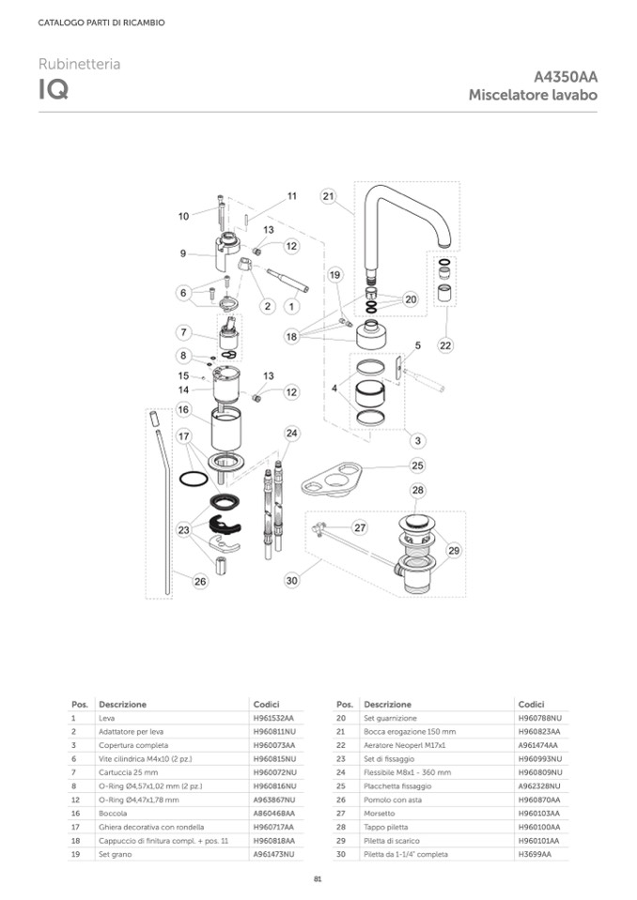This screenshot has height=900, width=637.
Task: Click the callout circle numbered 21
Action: coord(328,196)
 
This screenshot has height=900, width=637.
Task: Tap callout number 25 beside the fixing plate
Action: coord(417,465)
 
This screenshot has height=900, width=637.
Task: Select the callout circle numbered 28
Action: coord(417,490)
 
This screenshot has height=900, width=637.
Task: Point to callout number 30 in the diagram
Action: coord(291,581)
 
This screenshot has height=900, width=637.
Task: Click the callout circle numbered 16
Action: coord(183,410)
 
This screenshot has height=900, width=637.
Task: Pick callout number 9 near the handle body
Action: coord(183,253)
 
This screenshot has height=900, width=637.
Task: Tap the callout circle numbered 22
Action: coord(445,345)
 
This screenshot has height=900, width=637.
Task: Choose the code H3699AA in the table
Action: coord(535,854)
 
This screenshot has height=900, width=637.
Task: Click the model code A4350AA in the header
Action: coord(566,78)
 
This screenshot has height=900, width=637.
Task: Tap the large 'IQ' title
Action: coord(53,91)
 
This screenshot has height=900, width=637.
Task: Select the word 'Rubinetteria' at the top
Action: coord(79,64)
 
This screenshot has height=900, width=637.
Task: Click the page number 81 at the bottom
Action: coord(318,878)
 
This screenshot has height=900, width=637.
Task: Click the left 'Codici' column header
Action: coord(266,704)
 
